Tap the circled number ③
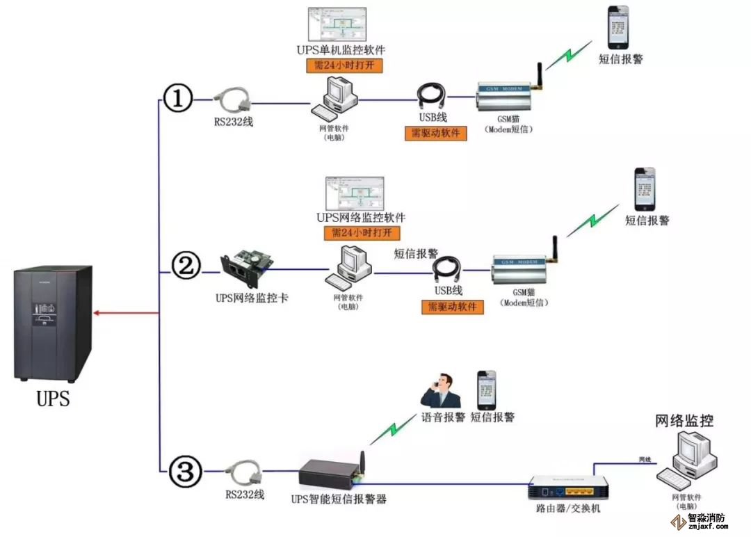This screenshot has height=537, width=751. coord(184,473)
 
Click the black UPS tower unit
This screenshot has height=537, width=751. coord(52,323)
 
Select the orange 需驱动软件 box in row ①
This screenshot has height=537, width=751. coord(435,134)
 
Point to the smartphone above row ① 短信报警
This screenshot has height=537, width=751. coord(617,26)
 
